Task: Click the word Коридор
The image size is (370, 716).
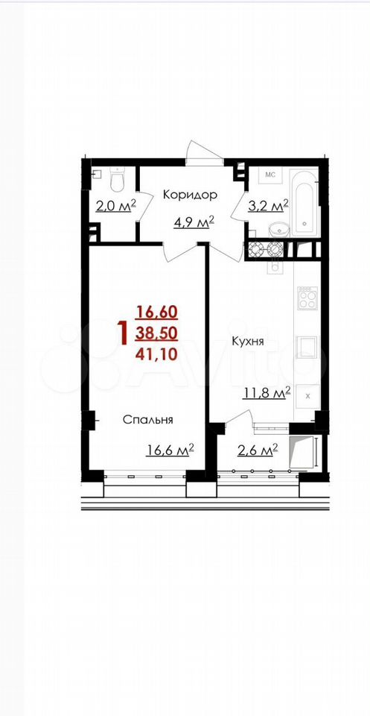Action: (x=190, y=195)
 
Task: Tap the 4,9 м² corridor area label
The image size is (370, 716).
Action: (x=194, y=223)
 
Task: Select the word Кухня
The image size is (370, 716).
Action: (x=248, y=342)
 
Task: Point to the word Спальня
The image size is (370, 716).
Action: (x=148, y=420)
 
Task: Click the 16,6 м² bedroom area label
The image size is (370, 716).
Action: (x=170, y=450)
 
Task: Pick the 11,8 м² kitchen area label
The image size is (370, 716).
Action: (x=267, y=393)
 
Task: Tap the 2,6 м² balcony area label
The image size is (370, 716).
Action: (x=258, y=450)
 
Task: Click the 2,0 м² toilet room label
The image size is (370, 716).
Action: (x=115, y=207)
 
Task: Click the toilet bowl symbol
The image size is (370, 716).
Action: (x=118, y=180)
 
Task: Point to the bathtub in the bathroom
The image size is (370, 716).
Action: (x=304, y=202)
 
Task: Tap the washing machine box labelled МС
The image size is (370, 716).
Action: (x=270, y=175)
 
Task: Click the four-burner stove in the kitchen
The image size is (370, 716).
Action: (x=307, y=298)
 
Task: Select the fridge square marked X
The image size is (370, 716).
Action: (x=307, y=396)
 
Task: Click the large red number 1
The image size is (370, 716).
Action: (x=121, y=333)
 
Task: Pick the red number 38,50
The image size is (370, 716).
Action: (x=156, y=333)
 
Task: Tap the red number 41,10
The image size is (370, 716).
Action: (x=156, y=354)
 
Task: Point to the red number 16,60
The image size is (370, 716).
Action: (x=156, y=313)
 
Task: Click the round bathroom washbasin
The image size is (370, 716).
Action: (x=275, y=228)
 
